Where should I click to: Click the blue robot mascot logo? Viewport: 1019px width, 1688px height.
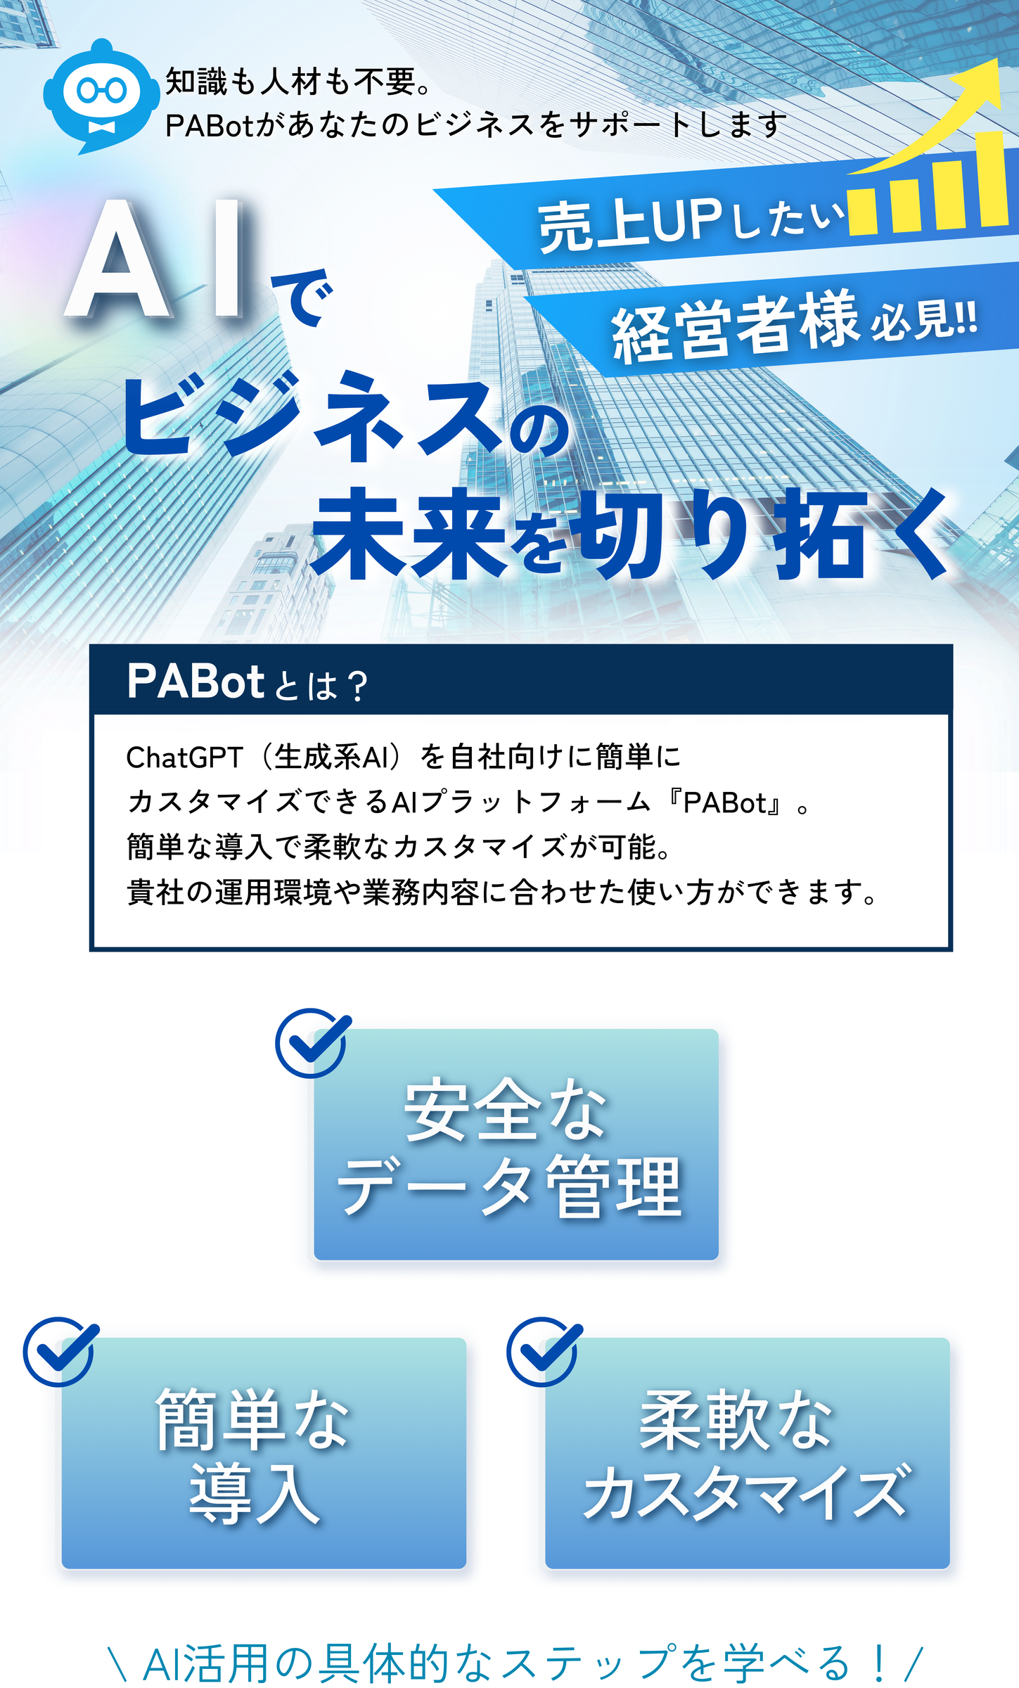pyautogui.click(x=101, y=96)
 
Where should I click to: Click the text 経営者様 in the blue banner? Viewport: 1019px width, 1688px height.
pyautogui.click(x=736, y=327)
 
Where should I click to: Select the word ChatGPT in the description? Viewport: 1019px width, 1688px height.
pyautogui.click(x=185, y=757)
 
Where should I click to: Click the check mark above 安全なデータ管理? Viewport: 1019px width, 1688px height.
pyautogui.click(x=312, y=1042)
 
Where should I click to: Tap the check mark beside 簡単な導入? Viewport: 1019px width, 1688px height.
pyautogui.click(x=60, y=1351)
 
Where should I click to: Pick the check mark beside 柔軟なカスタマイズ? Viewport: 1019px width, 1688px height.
pyautogui.click(x=544, y=1351)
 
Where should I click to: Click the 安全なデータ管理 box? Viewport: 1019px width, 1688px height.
pyautogui.click(x=516, y=1144)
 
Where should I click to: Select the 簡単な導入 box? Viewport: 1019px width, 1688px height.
pyautogui.click(x=264, y=1453)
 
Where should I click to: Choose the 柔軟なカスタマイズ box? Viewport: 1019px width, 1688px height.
pyautogui.click(x=748, y=1453)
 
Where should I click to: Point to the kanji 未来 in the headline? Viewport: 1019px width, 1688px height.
pyautogui.click(x=409, y=535)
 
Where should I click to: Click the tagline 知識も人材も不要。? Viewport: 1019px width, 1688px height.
pyautogui.click(x=298, y=82)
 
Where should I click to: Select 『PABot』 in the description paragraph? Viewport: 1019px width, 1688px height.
pyautogui.click(x=726, y=803)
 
